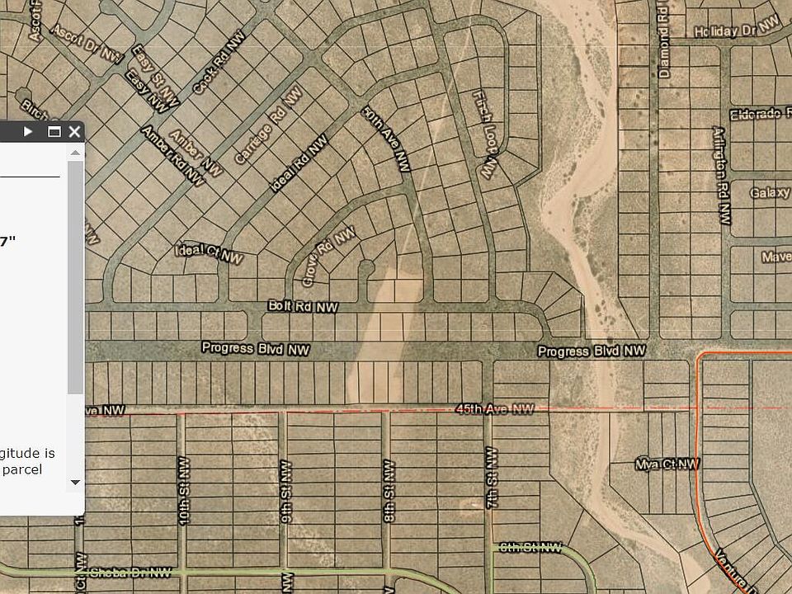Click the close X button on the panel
(x=74, y=131)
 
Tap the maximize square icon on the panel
(x=54, y=131)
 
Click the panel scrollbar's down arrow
(x=75, y=483)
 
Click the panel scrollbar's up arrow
(x=75, y=153)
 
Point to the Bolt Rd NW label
(x=303, y=306)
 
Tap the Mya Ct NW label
(x=667, y=464)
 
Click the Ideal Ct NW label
(x=210, y=253)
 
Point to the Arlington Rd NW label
(x=722, y=175)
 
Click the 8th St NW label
(x=388, y=492)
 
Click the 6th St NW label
(x=531, y=548)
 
